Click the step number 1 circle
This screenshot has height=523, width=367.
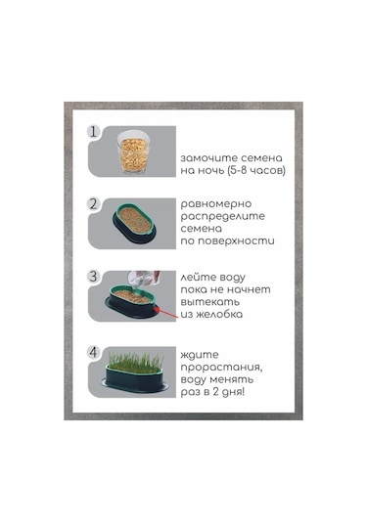(x=93, y=131)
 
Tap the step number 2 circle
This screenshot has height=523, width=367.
(x=93, y=203)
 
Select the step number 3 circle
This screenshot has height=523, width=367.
(x=93, y=277)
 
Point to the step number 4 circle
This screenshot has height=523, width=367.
(x=93, y=352)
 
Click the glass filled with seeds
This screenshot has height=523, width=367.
(x=133, y=152)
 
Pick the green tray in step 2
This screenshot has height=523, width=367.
(x=134, y=223)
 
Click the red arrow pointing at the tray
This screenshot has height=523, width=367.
(x=168, y=314)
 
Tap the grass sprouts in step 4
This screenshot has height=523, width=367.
(x=136, y=362)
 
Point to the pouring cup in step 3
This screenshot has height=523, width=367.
(x=144, y=280)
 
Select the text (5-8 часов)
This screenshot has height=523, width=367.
(x=256, y=170)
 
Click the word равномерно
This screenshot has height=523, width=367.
(x=216, y=204)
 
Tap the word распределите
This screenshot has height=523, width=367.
(x=223, y=216)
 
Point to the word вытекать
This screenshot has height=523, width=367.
(x=210, y=302)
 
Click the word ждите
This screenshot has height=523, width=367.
(x=200, y=355)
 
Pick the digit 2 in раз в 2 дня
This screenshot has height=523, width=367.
(x=216, y=391)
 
